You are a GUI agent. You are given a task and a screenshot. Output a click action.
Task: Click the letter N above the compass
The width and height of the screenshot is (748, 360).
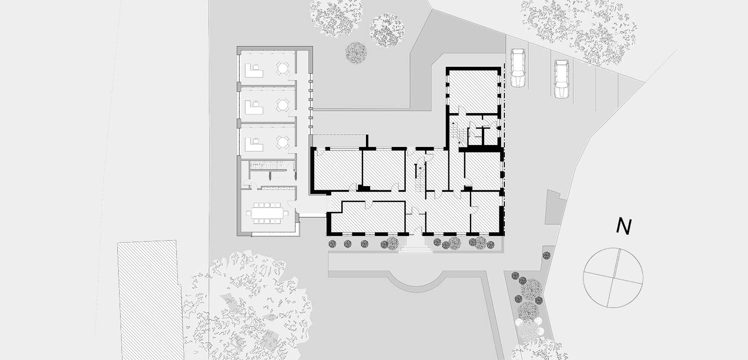coord(624,227)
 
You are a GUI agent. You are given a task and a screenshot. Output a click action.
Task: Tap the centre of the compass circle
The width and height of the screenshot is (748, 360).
coord(613,278)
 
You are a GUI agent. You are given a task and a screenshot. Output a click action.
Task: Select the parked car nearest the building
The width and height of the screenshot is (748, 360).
coord(518,68)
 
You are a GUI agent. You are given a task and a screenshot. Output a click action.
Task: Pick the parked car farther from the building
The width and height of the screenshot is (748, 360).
coord(561,79)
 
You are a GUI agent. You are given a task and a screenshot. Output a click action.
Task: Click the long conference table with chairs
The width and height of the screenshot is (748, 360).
coord(267,213)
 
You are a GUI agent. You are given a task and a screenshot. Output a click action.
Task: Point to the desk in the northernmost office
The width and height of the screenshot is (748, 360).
coord(254,71)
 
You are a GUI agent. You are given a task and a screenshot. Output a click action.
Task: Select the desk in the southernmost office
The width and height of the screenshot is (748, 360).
coord(254,144)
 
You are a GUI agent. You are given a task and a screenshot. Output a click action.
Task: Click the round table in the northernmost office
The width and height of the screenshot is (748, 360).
coord(282,69)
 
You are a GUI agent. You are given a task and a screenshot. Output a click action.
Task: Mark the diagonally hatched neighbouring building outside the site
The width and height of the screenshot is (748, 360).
coord(150,300)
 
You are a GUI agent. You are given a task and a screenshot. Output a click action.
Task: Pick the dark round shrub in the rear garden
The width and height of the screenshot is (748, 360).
coord(356,53)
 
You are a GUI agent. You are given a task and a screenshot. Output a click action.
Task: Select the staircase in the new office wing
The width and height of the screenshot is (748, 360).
coord(266,165)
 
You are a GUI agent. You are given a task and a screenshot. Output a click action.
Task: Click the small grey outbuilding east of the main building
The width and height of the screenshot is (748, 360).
coord(555,207)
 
